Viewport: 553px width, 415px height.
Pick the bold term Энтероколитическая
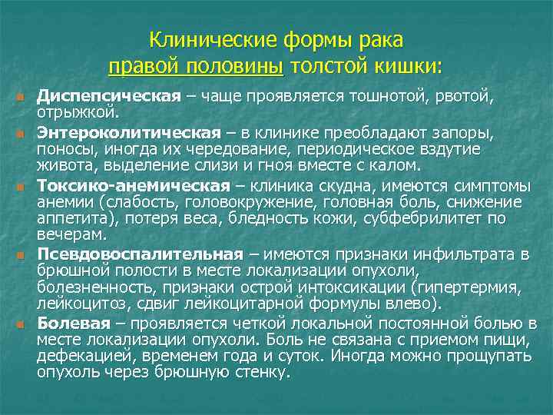[129, 133]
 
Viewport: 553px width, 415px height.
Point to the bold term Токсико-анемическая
[134, 185]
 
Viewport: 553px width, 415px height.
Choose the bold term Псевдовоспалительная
[140, 254]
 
